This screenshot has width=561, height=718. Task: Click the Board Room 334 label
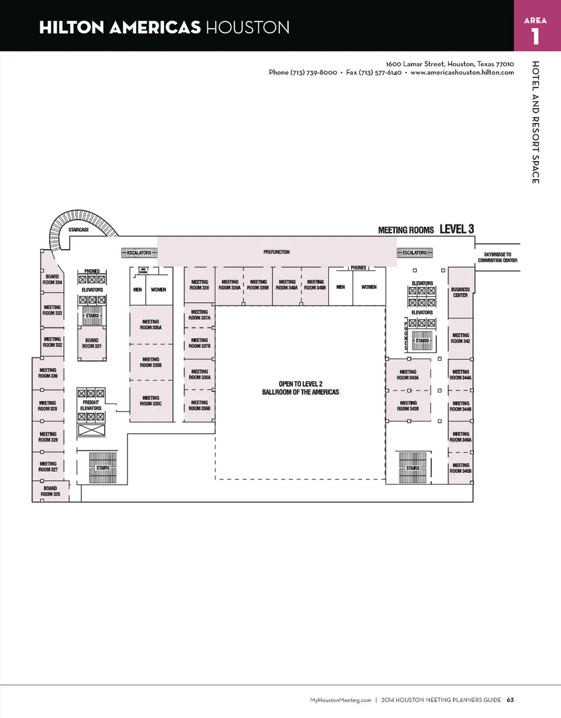pyautogui.click(x=51, y=279)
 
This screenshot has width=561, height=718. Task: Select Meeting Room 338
pyautogui.click(x=199, y=285)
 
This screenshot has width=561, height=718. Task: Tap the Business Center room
pyautogui.click(x=460, y=292)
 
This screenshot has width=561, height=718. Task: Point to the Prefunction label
pyautogui.click(x=276, y=253)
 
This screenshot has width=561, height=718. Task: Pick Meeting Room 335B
pyautogui.click(x=151, y=363)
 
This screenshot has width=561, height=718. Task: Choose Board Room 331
pyautogui.click(x=92, y=343)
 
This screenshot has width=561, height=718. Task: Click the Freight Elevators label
pyautogui.click(x=91, y=405)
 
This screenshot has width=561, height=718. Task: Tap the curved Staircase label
pyautogui.click(x=78, y=230)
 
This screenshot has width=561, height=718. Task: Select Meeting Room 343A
pyautogui.click(x=408, y=375)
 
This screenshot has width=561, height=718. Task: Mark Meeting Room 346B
pyautogui.click(x=460, y=468)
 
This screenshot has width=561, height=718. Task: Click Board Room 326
pyautogui.click(x=50, y=491)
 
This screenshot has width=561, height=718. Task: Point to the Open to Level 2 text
pyautogui.click(x=300, y=384)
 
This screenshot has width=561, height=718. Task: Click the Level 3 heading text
pyautogui.click(x=456, y=229)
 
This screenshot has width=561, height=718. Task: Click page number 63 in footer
pyautogui.click(x=510, y=700)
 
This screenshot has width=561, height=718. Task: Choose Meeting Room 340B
pyautogui.click(x=315, y=285)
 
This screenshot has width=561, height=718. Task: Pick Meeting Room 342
pyautogui.click(x=460, y=338)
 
